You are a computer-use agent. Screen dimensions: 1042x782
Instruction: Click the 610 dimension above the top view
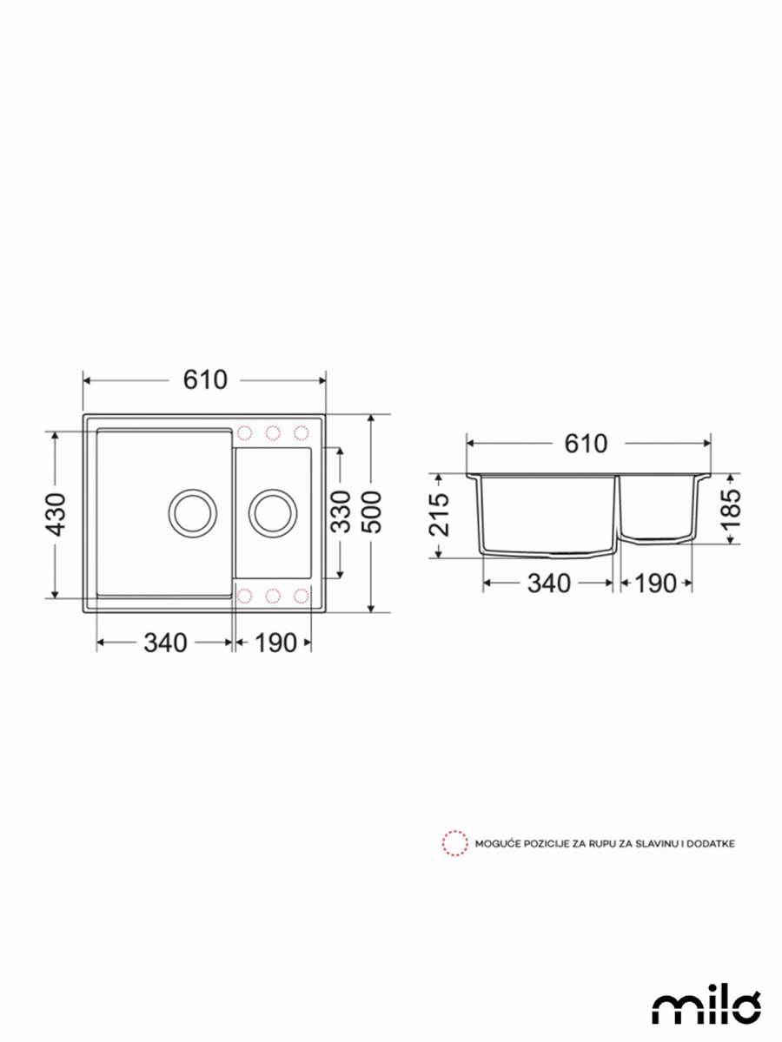point(205,379)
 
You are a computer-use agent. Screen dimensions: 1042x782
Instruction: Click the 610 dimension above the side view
point(586,443)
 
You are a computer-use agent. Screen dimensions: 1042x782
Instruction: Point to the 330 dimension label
point(341,512)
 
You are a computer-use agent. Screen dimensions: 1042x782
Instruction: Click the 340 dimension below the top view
point(165,643)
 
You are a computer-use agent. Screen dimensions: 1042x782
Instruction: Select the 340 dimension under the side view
point(549,584)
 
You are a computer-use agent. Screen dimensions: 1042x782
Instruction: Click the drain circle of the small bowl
point(273,511)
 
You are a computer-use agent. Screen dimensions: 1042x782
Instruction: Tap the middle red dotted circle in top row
point(273,432)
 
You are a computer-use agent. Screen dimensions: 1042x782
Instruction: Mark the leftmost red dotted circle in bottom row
point(245,596)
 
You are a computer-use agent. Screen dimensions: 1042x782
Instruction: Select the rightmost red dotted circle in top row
point(302,432)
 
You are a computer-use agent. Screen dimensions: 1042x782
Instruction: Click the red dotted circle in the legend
point(453,842)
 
